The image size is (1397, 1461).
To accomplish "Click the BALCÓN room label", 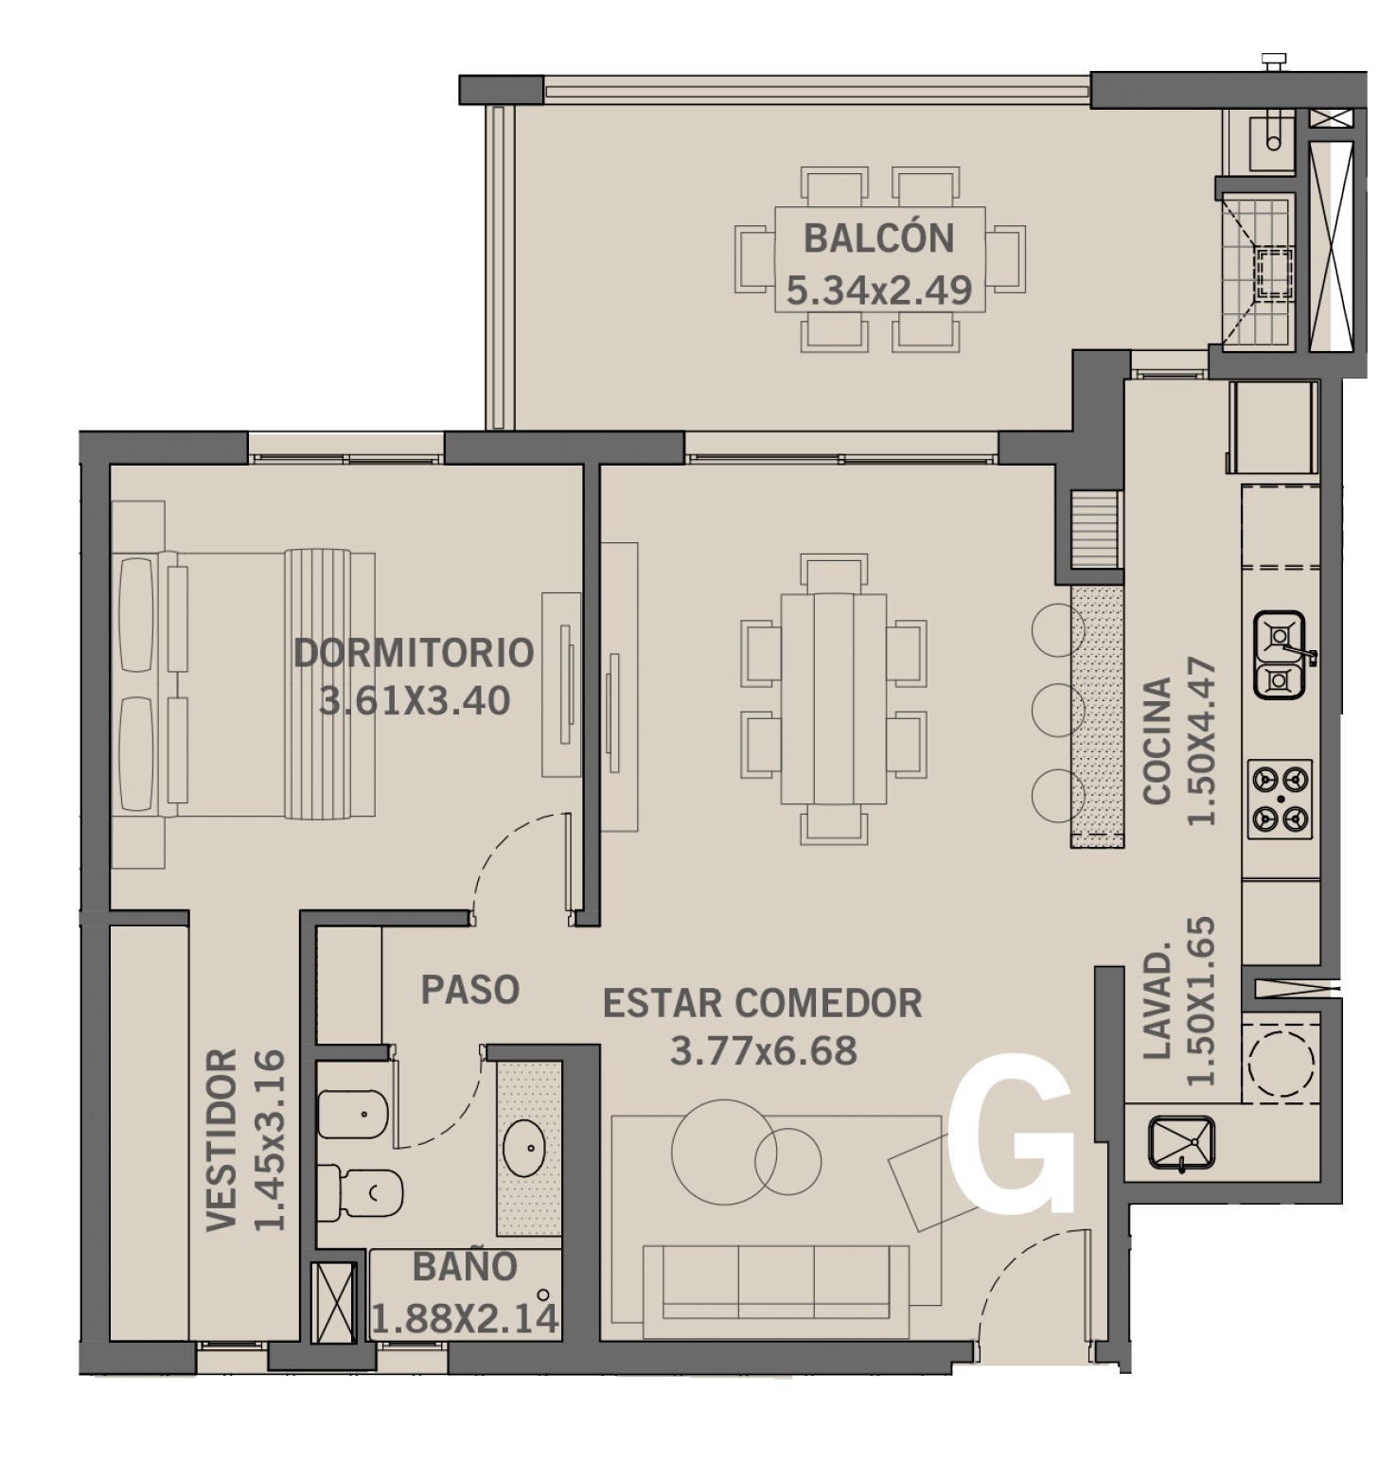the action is pos(878,238).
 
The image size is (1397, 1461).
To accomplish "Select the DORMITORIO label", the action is pos(414,652).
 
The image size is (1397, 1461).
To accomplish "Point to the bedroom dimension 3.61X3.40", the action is pos(415,701).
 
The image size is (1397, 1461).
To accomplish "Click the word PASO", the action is pos(470,990).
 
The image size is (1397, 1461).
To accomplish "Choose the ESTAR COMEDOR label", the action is pos(763,1003).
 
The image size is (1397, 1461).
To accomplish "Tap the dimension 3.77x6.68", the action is pos(764,1050).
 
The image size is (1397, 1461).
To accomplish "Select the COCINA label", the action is pos(1158,741).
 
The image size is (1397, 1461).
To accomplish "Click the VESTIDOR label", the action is pos(221,1139).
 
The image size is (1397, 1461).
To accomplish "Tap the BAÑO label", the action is pos(465,1266).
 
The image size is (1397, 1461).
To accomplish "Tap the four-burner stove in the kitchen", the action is pos(1281,801).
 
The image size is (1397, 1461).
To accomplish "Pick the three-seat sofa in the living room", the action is pos(775,1291).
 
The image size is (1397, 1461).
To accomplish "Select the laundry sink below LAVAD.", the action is pos(1181,1144).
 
